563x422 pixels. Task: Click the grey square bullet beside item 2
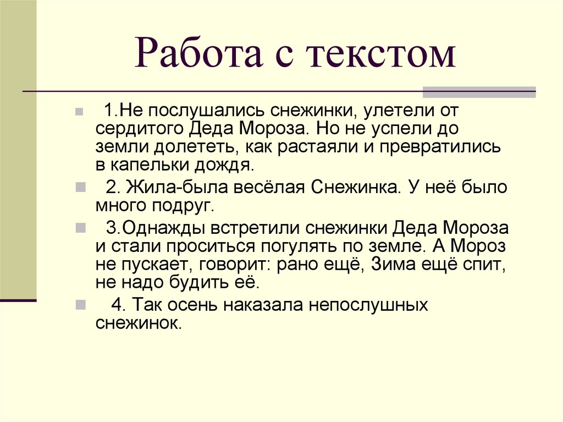point(80,187)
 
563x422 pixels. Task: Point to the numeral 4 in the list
point(116,305)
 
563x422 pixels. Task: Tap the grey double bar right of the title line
point(479,92)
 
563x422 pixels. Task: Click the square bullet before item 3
point(80,227)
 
